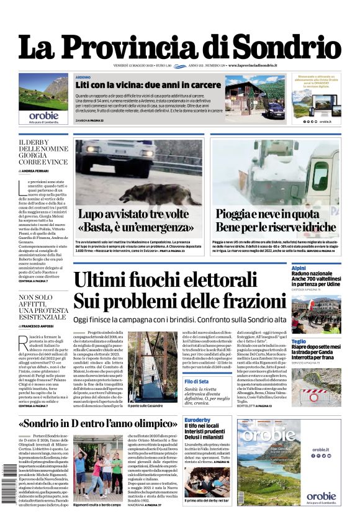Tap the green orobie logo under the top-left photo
pos(43,115)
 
